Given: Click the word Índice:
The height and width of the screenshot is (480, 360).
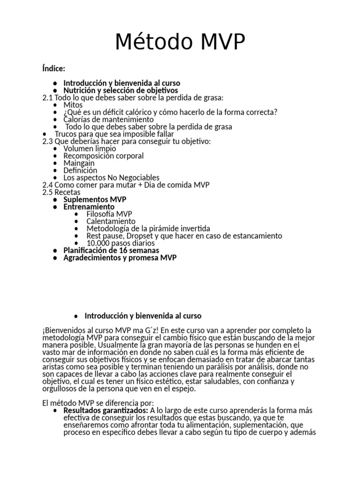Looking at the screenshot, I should click(53, 69).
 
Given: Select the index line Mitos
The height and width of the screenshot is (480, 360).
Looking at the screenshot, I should click(73, 105).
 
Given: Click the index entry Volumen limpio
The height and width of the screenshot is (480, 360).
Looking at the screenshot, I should click(90, 149).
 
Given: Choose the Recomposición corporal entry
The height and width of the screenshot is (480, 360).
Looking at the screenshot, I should click(104, 156).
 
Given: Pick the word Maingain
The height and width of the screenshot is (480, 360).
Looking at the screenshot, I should click(79, 163).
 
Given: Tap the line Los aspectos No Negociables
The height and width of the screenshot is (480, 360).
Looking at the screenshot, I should click(112, 178).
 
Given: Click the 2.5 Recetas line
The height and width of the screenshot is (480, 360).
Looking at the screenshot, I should click(61, 192).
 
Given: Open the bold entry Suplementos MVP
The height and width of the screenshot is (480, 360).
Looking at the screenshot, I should click(95, 199).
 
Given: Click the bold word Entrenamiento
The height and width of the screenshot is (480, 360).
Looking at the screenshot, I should click(89, 207).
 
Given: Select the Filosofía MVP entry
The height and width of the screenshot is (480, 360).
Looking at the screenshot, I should click(110, 214).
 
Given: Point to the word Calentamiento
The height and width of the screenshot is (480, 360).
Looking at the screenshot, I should click(111, 221).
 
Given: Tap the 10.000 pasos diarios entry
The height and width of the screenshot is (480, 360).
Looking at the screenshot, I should click(120, 243).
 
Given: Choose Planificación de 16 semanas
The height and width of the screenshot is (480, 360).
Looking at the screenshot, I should click(111, 250).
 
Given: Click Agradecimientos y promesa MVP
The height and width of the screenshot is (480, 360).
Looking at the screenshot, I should click(120, 258).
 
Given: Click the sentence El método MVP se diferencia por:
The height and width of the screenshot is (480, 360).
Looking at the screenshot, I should click(98, 403).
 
